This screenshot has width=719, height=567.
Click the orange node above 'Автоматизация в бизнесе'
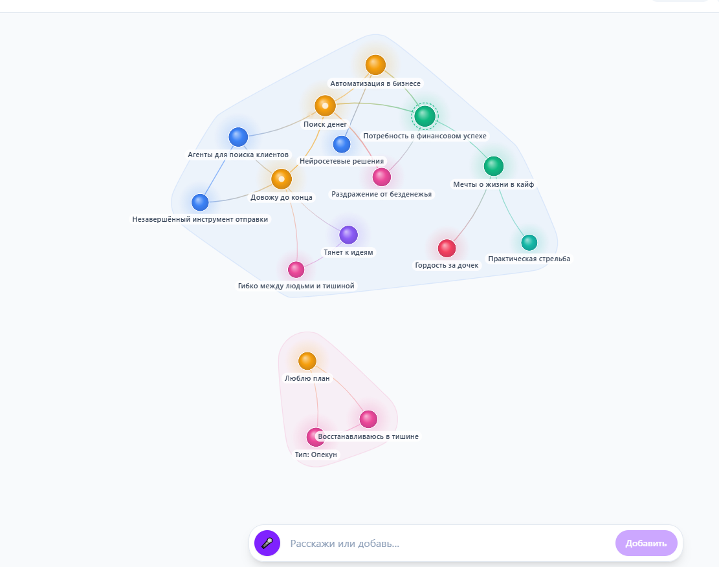click(375, 65)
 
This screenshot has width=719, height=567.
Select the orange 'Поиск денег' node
click(325, 106)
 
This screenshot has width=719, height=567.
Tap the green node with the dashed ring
click(425, 116)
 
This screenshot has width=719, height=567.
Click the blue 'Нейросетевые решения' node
click(342, 144)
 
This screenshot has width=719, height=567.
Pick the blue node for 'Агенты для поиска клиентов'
click(238, 137)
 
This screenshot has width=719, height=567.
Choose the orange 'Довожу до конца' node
click(282, 179)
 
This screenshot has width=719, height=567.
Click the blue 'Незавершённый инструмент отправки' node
click(200, 202)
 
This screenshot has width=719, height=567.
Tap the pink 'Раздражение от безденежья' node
click(382, 177)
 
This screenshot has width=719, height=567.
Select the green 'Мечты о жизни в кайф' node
click(493, 166)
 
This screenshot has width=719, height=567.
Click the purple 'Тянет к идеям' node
click(348, 235)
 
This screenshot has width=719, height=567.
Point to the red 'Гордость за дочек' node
click(447, 248)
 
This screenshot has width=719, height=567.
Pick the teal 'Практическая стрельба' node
click(529, 242)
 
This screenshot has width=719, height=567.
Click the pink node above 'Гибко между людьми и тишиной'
click(296, 270)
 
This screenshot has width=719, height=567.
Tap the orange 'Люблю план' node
click(307, 361)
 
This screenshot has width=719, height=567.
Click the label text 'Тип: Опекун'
click(316, 455)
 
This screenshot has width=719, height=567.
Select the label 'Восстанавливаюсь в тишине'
click(368, 436)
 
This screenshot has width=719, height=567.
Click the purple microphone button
click(267, 543)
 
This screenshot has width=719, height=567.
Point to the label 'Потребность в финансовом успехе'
click(425, 136)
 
